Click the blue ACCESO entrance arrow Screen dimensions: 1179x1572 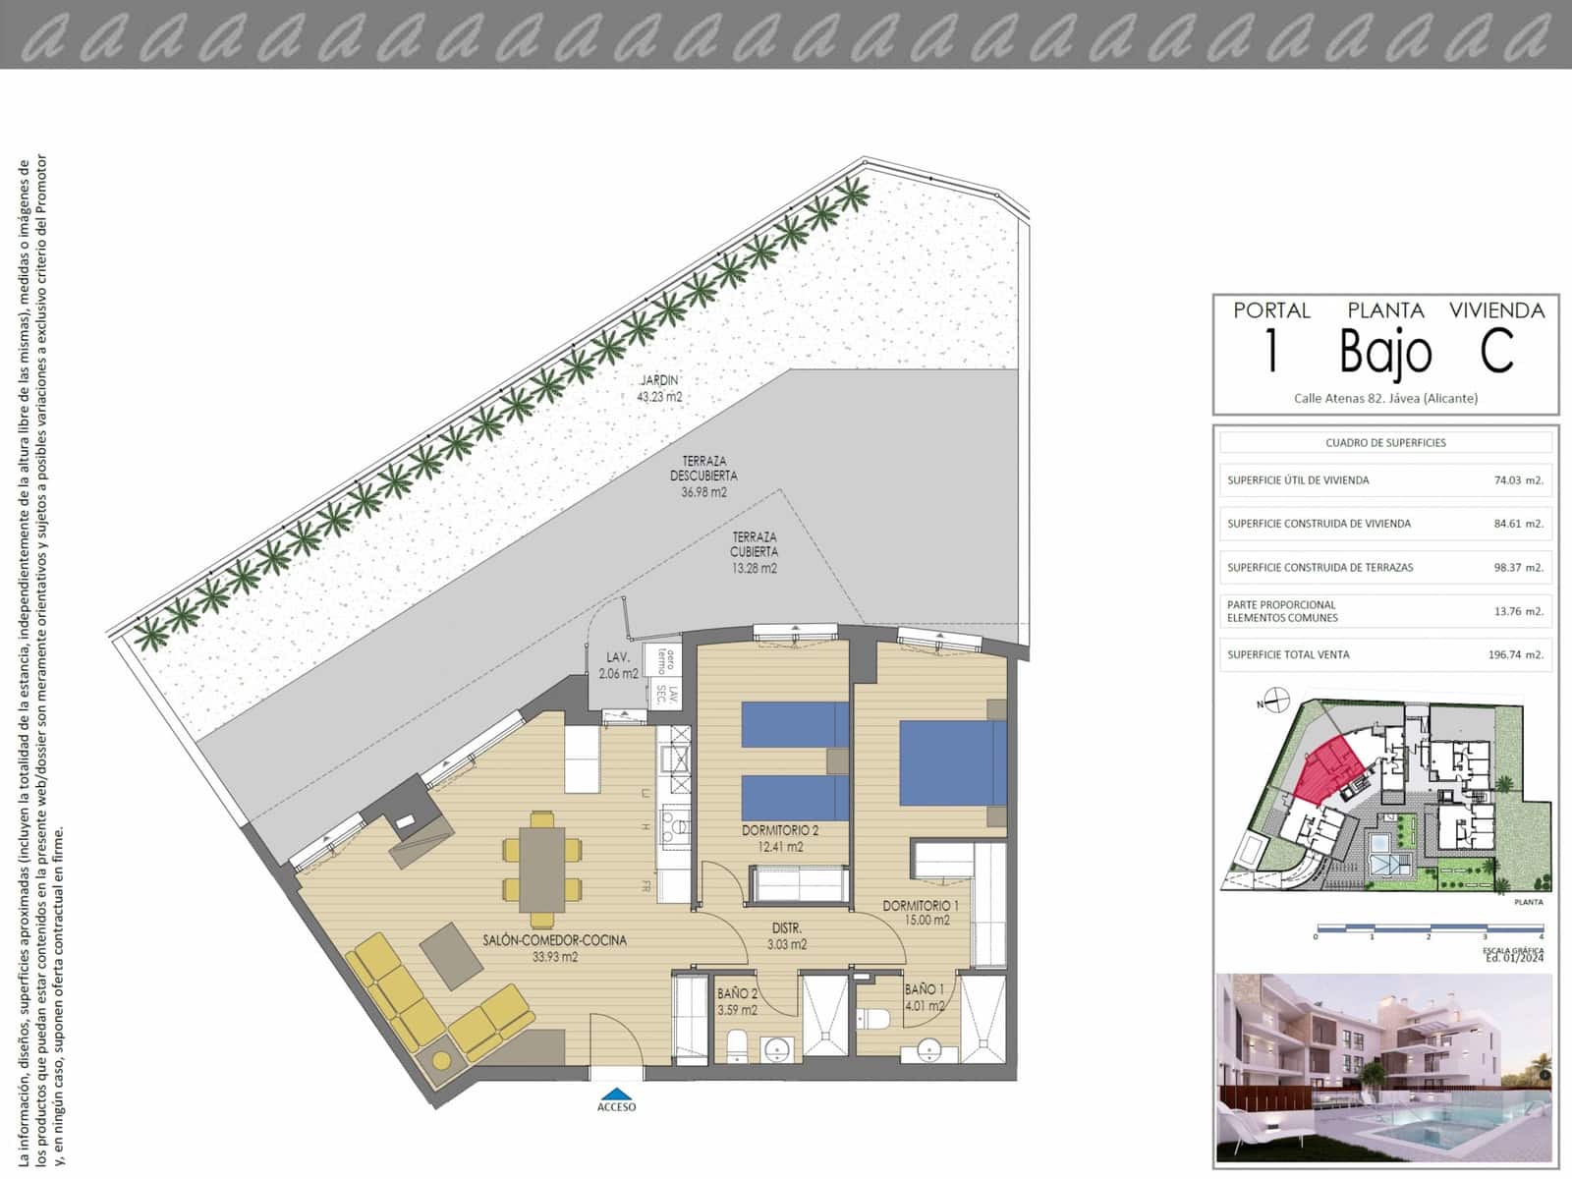(616, 1093)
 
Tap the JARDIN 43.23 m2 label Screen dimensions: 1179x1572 (659, 389)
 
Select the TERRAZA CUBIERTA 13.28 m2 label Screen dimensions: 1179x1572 (754, 552)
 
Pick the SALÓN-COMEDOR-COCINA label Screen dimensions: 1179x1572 (554, 948)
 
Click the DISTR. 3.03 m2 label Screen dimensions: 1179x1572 (787, 935)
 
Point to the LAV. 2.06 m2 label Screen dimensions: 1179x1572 (618, 665)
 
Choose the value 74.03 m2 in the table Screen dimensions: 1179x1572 (1518, 480)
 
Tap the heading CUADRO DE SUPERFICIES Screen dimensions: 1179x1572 (1385, 443)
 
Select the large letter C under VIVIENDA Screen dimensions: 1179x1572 (1496, 351)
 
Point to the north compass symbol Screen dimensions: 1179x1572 (1276, 701)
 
